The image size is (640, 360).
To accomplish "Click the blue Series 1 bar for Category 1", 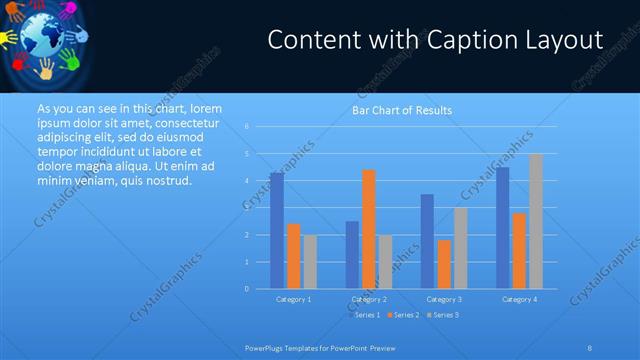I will (x=276, y=231).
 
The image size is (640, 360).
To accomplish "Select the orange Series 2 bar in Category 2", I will (x=368, y=229).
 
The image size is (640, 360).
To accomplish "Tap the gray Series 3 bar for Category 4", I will (x=536, y=221).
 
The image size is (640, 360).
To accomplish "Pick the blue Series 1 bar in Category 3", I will (x=427, y=241).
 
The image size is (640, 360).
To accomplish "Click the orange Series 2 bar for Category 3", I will (x=444, y=264).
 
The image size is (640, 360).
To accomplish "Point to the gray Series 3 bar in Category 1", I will (x=310, y=262).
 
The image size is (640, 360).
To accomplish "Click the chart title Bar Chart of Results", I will (x=402, y=110).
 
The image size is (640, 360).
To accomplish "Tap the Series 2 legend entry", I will (x=403, y=315).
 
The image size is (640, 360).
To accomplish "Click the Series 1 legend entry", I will (x=364, y=315).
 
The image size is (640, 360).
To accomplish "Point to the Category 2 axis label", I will (x=369, y=299).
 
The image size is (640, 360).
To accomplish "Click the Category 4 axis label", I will (x=519, y=299).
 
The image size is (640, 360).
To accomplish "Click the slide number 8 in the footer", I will (x=590, y=347).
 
